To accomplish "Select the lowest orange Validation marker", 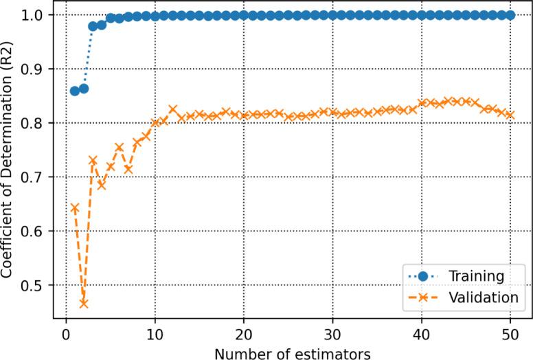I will click(x=84, y=303).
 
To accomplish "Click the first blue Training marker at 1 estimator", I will click(x=75, y=91).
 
